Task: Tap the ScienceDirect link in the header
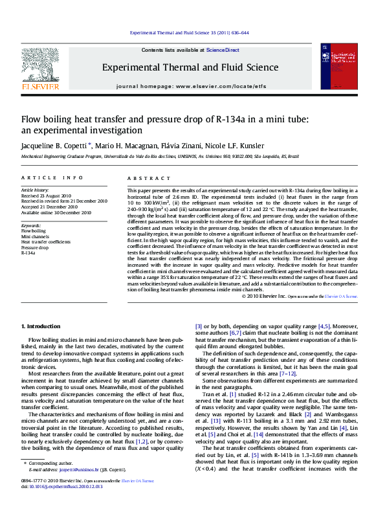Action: pyautogui.click(x=223, y=50)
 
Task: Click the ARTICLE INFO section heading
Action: pyautogui.click(x=52, y=177)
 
